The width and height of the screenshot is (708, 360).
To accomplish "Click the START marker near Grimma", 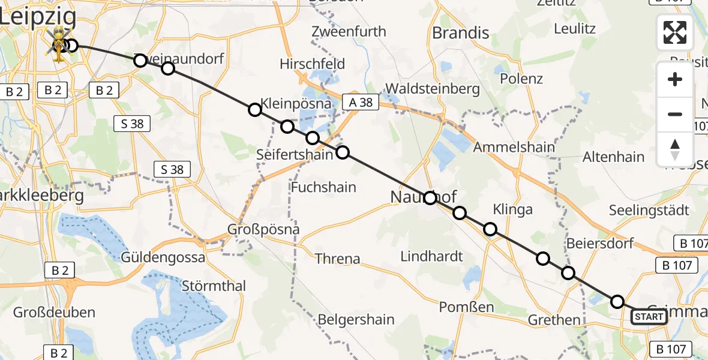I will coord(649,317).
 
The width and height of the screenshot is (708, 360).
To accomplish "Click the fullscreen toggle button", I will coord(675,32).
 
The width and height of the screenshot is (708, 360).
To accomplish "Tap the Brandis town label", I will coord(461,33).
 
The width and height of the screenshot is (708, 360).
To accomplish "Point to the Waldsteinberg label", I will coord(432,89).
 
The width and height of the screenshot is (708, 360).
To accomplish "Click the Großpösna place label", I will coord(263,229).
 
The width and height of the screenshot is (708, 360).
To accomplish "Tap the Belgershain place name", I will coord(356,319).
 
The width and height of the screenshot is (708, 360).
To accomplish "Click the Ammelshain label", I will coord(514,147).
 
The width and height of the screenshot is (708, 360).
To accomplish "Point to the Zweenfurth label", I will coord(349,32).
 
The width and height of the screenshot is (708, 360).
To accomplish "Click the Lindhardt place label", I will coord(431,256).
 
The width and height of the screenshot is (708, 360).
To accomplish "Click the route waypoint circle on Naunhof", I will coord(430,198).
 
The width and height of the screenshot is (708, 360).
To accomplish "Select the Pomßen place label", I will coord(466,307).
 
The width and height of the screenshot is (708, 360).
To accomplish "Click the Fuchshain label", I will coord(323,187).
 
